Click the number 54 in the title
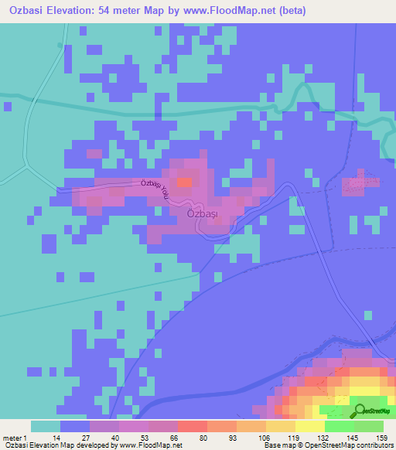(116, 11)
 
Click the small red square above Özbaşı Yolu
(184, 182)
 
